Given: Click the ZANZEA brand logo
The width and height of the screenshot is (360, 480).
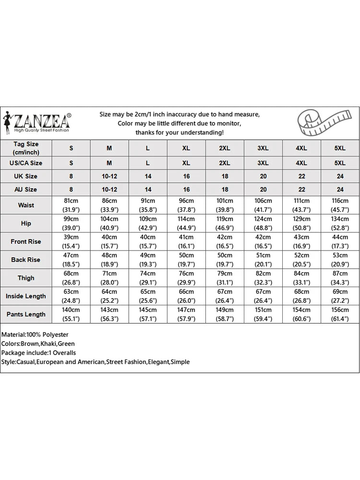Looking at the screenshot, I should [x=37, y=123].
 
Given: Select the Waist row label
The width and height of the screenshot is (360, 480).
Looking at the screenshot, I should [x=26, y=205].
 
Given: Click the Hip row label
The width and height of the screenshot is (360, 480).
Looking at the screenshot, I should [x=26, y=223].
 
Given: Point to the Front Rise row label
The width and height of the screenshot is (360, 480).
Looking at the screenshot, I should [x=26, y=241].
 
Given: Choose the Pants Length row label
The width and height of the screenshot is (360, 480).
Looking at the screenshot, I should [x=26, y=314].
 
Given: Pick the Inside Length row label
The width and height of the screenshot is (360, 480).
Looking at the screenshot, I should [x=26, y=296].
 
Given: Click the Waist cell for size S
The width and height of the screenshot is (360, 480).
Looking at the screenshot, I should [x=71, y=205].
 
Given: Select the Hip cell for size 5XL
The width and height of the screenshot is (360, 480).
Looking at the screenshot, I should [x=340, y=223].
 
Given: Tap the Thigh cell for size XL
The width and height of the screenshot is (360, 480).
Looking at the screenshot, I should [x=186, y=278].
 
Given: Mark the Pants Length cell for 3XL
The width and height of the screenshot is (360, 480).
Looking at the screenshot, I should [x=263, y=314].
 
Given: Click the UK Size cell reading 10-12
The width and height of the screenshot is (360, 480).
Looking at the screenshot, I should [x=109, y=176].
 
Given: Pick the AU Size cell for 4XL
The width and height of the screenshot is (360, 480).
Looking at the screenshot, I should [x=301, y=190].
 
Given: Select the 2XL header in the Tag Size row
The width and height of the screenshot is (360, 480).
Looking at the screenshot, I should [x=225, y=148].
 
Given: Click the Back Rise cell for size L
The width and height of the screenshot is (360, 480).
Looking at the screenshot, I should [x=148, y=260].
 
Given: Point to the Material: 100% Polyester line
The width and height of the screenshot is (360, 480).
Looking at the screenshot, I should [x=35, y=334].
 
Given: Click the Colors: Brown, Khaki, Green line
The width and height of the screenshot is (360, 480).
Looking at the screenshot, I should [x=38, y=344].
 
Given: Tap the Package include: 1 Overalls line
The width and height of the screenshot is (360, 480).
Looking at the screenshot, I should [x=38, y=353].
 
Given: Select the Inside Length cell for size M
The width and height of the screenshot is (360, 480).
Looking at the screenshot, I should [x=109, y=296].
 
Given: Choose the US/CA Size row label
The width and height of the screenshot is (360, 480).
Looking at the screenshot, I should [x=26, y=163].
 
